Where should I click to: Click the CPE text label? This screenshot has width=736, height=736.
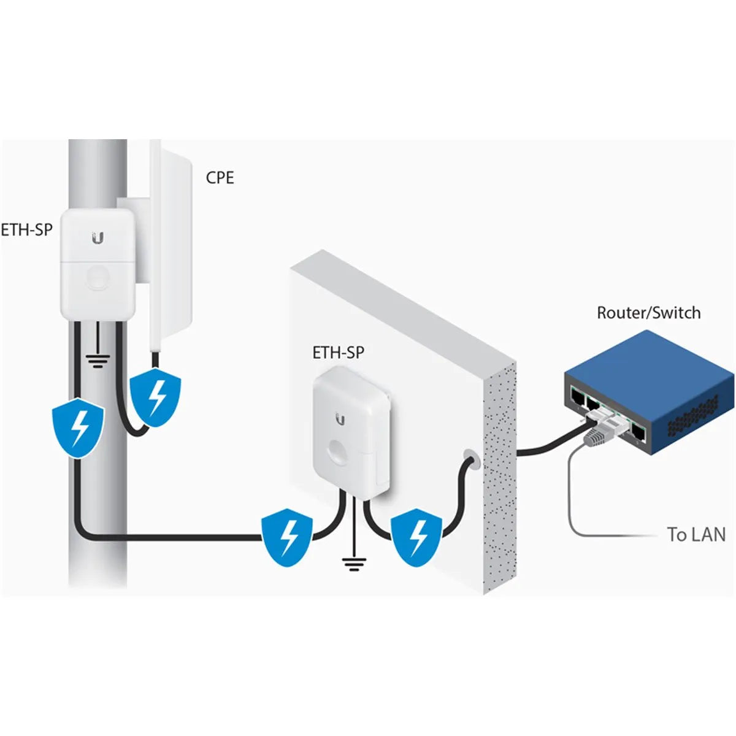(220, 178)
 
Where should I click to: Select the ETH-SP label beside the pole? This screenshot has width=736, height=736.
(26, 230)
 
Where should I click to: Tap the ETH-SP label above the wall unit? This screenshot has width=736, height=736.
(338, 353)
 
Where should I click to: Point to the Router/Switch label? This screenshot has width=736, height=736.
(648, 313)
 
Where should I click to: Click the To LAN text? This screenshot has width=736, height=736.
(696, 534)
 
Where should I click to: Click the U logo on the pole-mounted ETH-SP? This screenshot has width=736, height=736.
(98, 238)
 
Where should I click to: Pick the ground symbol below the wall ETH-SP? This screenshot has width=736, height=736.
(354, 564)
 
